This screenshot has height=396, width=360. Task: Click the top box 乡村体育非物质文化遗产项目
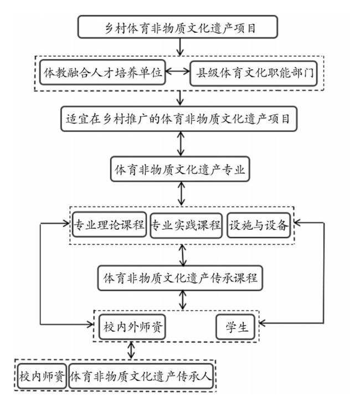coord(178,27)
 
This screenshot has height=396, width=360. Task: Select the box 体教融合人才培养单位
coord(102,73)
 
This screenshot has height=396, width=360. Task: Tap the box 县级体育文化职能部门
coord(254,73)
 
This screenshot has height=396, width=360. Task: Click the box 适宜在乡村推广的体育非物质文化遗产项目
coord(179,119)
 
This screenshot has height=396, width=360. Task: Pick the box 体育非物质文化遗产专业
coord(180,169)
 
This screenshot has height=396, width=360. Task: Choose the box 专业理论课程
coord(109,224)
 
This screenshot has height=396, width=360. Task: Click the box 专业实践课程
coord(186,225)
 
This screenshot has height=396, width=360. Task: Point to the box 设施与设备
coord(259,225)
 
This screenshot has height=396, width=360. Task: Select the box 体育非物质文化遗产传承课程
coord(181,278)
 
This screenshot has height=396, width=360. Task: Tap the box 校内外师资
coord(132,327)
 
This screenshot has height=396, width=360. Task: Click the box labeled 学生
coord(235,327)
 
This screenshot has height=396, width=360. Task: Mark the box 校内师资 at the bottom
coord(42,376)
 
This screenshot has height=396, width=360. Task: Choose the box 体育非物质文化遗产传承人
coord(141,376)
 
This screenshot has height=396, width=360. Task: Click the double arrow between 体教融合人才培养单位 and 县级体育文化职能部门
coord(178,71)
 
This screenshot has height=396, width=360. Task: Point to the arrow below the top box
coord(180,47)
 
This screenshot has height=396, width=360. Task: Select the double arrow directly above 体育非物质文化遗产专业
coord(181,144)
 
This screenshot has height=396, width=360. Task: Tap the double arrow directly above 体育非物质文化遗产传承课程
coord(182,255)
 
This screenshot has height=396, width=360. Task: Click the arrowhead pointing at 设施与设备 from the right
coord(297,223)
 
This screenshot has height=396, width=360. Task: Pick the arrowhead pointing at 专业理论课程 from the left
coord(66,223)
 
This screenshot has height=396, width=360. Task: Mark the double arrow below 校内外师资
coord(131,350)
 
